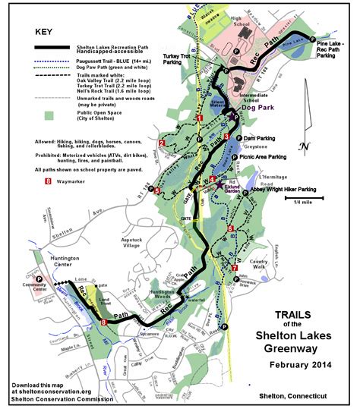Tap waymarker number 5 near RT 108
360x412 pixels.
[x=156, y=192]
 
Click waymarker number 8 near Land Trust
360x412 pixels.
[x=104, y=322]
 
